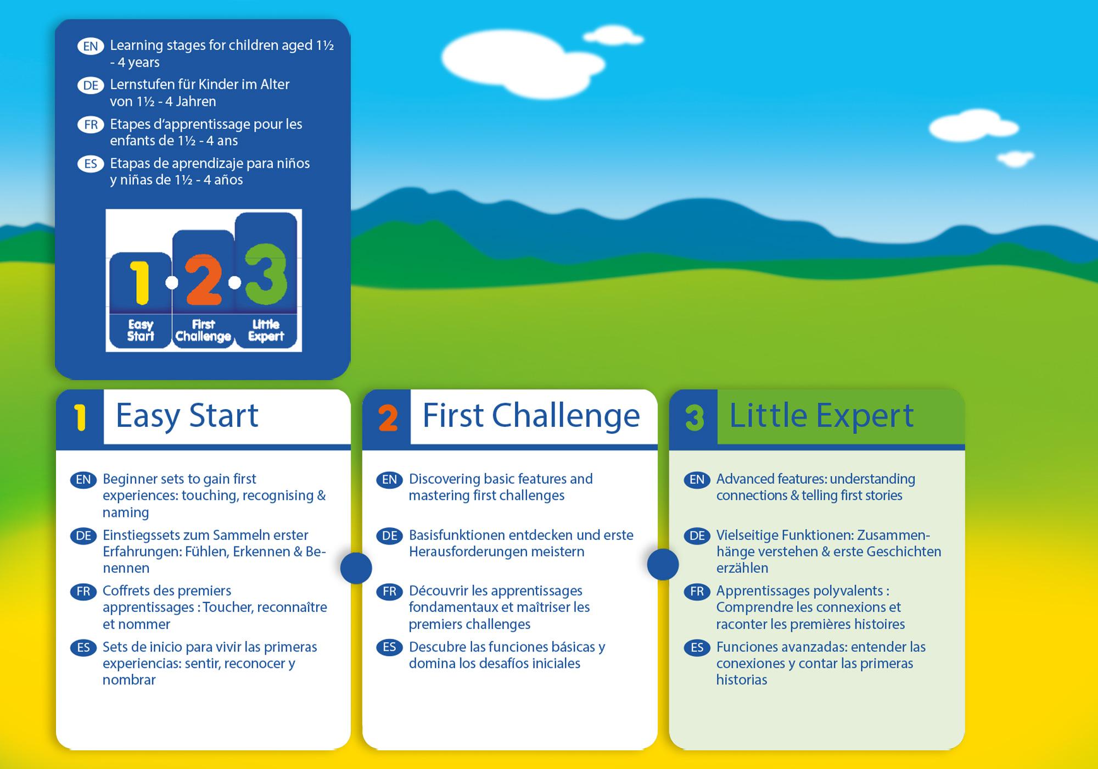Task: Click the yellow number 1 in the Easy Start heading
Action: [x=81, y=417]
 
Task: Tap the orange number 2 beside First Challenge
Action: [x=388, y=418]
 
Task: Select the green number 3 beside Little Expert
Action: [x=694, y=418]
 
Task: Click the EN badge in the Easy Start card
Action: [x=83, y=480]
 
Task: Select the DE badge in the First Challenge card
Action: [x=389, y=536]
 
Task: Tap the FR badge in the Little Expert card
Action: [x=697, y=592]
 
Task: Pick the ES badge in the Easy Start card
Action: [x=83, y=648]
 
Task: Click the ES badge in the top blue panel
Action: [x=91, y=164]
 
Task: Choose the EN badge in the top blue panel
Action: [x=91, y=46]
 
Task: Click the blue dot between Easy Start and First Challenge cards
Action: [x=356, y=567]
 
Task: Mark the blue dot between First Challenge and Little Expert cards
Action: [x=663, y=564]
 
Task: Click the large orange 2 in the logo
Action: [x=203, y=280]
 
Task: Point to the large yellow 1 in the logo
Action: [x=140, y=282]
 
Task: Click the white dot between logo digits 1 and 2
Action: [x=172, y=283]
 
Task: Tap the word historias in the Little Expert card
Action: [x=742, y=680]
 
